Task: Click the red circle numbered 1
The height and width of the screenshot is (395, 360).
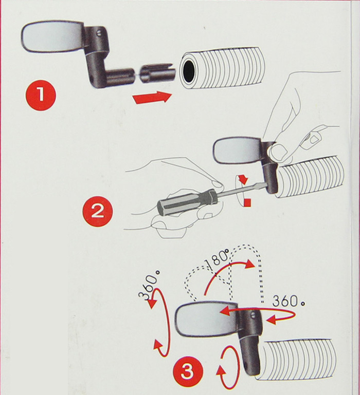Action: (40, 95)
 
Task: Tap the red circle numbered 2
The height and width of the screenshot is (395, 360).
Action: (98, 211)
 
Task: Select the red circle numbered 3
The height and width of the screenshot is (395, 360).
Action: (188, 372)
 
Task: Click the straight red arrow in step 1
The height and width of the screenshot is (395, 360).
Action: (152, 97)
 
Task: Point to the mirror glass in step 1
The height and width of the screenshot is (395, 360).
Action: (52, 36)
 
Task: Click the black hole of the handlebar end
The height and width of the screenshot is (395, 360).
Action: (189, 71)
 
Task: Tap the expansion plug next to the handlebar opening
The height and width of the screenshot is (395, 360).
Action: (157, 73)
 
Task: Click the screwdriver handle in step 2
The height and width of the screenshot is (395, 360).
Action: (187, 203)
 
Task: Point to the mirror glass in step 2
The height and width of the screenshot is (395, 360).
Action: (237, 152)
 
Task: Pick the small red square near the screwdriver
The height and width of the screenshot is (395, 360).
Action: (248, 203)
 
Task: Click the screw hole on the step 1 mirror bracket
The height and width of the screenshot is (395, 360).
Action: (99, 33)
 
